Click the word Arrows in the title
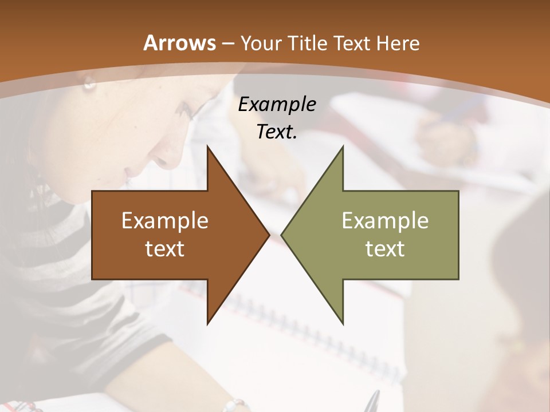click(179, 43)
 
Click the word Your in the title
click(261, 43)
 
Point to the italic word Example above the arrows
click(277, 104)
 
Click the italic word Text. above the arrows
click(277, 132)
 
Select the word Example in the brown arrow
click(164, 221)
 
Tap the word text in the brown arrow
click(164, 248)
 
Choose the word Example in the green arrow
click(385, 221)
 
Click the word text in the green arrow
click(385, 248)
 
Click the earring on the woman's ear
click(89, 85)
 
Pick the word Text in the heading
click(351, 43)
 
